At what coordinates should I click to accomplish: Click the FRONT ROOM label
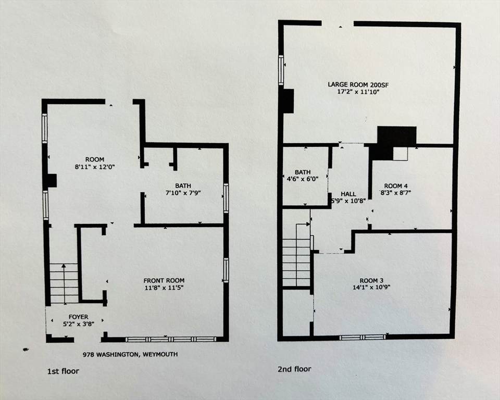[x=164, y=281]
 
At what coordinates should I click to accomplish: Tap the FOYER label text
[x=79, y=317]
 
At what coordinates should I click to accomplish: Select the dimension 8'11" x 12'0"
[x=95, y=167]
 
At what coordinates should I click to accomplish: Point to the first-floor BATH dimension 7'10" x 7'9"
[x=183, y=193]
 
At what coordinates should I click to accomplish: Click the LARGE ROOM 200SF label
[x=358, y=85]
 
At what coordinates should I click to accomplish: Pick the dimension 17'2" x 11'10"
[x=358, y=92]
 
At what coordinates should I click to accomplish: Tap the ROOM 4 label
[x=396, y=185]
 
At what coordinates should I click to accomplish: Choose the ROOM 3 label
[x=371, y=280]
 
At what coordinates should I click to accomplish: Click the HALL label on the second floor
[x=348, y=194]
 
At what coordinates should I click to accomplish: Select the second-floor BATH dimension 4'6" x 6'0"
[x=303, y=179]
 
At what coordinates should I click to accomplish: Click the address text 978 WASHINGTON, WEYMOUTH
[x=130, y=354]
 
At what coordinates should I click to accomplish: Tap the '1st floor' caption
[x=63, y=371]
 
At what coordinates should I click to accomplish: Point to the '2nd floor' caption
[x=294, y=369]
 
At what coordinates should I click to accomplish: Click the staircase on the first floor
[x=64, y=283]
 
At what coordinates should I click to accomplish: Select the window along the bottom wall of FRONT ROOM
[x=171, y=340]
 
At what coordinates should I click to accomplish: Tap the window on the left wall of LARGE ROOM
[x=281, y=70]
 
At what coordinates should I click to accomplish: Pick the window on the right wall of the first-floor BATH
[x=226, y=198]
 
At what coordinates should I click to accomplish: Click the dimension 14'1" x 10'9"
[x=371, y=287]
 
